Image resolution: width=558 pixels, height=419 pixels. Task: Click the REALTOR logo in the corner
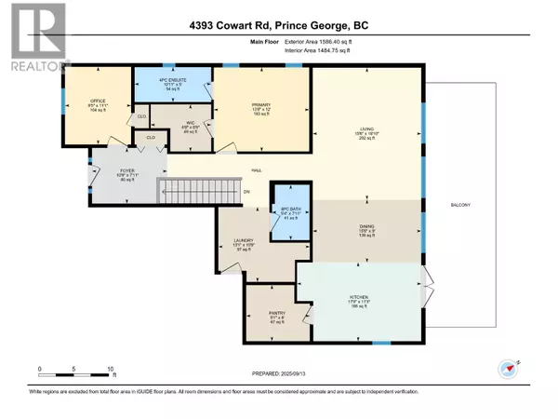(x=34, y=37)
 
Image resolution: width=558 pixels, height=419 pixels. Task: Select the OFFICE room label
(x=96, y=101)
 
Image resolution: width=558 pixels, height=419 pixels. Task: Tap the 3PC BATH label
(x=285, y=212)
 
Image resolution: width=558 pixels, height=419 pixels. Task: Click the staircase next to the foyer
(x=191, y=192)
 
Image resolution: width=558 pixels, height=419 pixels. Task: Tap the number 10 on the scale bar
(x=111, y=369)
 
